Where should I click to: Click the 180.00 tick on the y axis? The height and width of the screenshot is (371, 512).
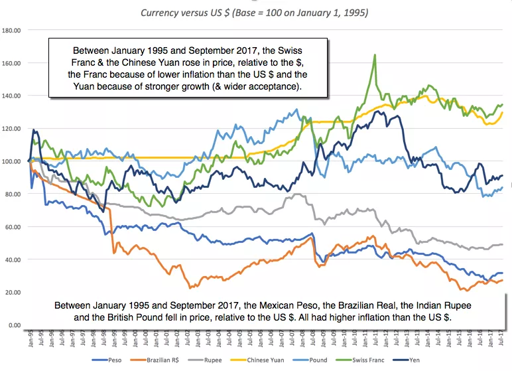click(x=12, y=30)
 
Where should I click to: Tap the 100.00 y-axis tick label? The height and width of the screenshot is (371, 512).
click(x=12, y=161)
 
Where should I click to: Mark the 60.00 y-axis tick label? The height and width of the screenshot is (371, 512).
click(x=13, y=227)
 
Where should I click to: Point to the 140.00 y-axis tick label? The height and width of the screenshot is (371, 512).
click(x=12, y=96)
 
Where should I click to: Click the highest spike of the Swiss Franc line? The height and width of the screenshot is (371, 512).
click(x=375, y=55)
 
